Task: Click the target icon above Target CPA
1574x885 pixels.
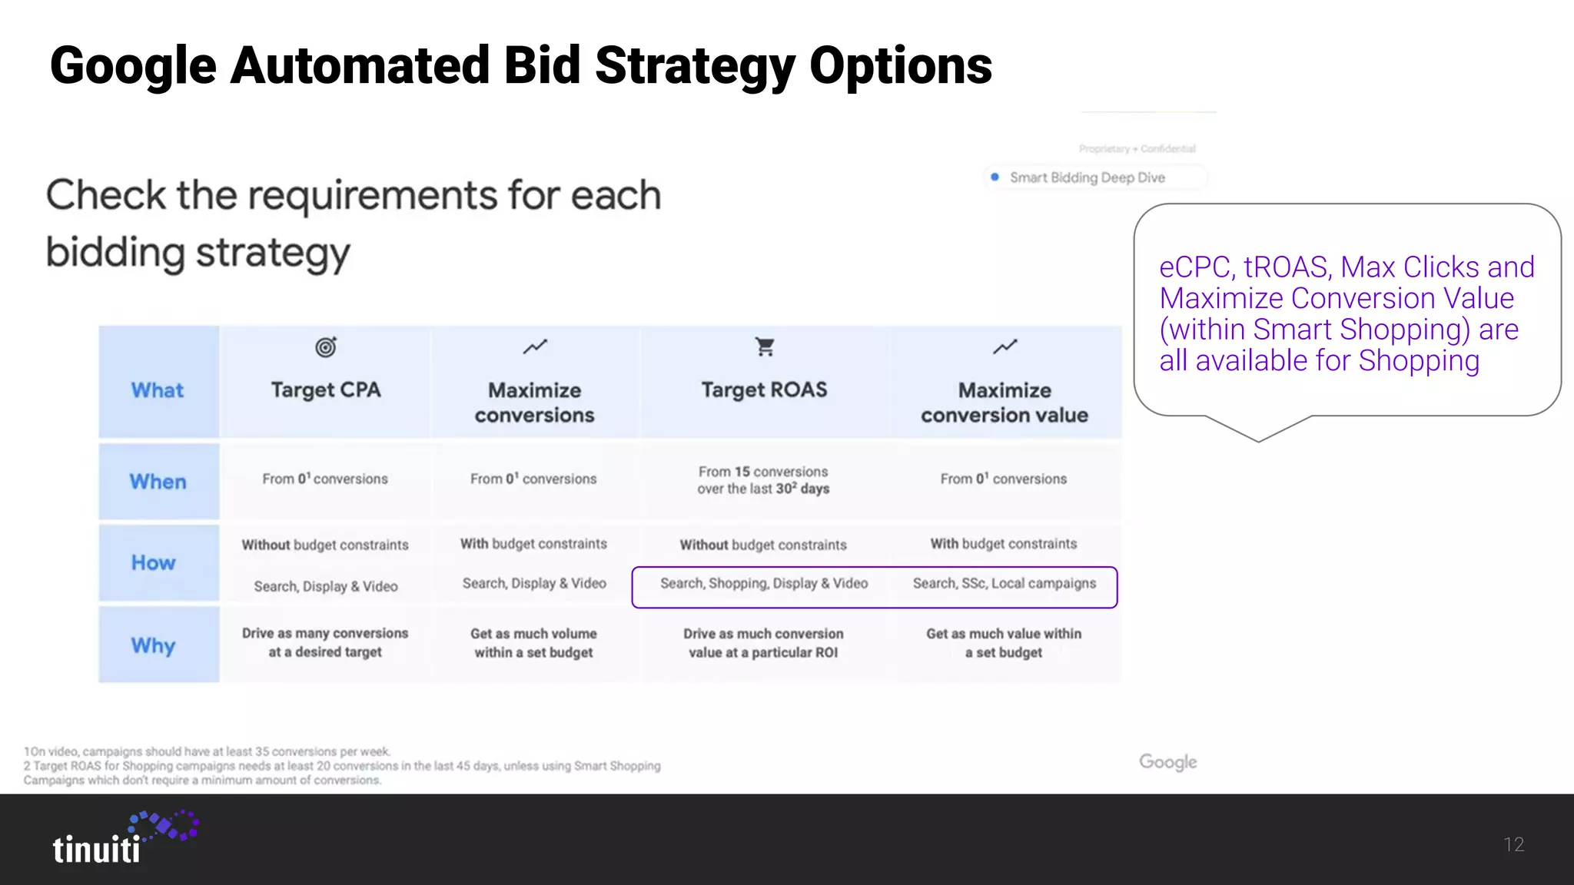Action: coord(326,347)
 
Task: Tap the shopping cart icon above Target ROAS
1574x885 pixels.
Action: coord(765,347)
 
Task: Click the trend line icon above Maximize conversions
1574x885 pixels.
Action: coord(535,347)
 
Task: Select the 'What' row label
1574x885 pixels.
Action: coord(158,390)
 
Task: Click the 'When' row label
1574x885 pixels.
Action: coord(158,482)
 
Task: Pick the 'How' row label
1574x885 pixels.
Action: coord(154,563)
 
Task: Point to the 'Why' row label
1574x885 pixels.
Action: coord(154,645)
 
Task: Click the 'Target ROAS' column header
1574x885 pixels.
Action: coord(764,390)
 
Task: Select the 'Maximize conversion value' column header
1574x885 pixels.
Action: coord(1005,403)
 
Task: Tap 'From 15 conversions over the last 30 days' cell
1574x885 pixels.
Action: coord(763,480)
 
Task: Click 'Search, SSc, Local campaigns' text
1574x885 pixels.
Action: coord(1005,583)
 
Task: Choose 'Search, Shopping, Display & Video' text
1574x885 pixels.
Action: coord(764,583)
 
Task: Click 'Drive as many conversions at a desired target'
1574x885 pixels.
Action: coord(325,642)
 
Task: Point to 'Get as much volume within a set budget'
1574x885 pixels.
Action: coord(534,643)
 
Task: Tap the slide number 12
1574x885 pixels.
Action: coord(1513,845)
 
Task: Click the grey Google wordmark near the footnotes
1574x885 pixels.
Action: coord(1167,762)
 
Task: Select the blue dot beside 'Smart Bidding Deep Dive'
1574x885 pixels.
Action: coord(995,177)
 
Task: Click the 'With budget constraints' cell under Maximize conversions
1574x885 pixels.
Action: coord(533,544)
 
